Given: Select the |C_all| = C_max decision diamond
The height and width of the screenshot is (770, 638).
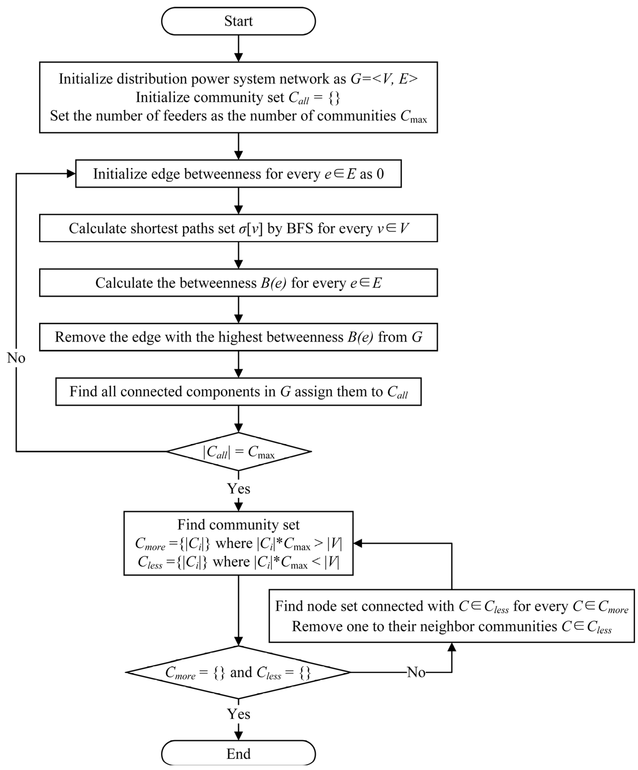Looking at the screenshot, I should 239,451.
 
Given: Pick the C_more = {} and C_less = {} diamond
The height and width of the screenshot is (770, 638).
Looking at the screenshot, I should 238,672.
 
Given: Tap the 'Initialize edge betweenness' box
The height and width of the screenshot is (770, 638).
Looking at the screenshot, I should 238,173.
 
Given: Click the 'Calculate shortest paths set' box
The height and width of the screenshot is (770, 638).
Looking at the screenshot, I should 238,228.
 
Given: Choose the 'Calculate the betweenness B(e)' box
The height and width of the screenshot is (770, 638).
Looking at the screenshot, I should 238,283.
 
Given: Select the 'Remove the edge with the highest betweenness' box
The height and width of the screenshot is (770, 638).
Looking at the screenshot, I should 238,337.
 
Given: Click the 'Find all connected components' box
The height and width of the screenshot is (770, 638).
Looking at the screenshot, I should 238,392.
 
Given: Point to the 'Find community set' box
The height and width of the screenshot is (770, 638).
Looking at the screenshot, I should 238,543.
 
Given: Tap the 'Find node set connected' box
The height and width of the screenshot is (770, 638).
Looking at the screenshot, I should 451,616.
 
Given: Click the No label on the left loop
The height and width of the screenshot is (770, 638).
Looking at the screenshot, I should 16,358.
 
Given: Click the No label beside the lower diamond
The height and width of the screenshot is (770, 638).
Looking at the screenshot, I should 416,672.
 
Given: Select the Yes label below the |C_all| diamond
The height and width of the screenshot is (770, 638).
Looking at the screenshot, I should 238,489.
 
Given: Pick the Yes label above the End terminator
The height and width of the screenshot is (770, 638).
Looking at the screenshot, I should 238,714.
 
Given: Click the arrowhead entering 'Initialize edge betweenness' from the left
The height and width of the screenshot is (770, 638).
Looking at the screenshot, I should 71,173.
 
